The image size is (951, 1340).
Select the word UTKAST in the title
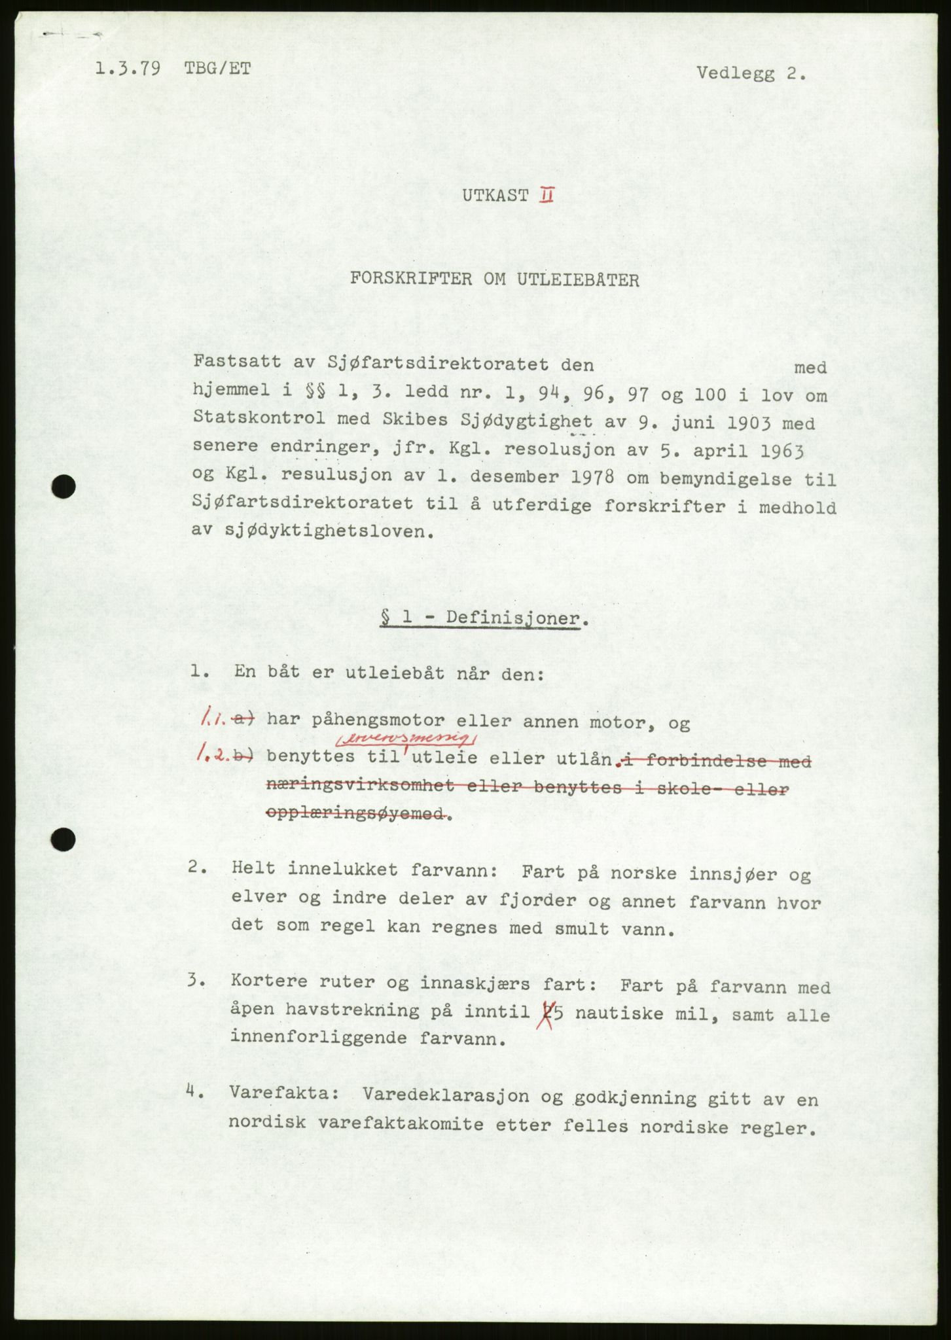pos(494,196)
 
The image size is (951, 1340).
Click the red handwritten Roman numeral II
pos(545,195)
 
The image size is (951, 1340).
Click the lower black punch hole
pos(64,839)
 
